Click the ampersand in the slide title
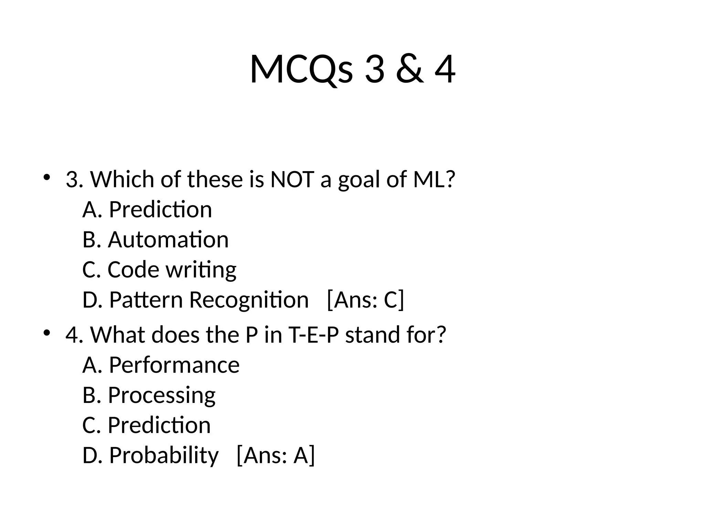(409, 69)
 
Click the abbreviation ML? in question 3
(434, 179)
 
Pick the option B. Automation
(156, 239)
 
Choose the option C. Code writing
(159, 269)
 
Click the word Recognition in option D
(249, 300)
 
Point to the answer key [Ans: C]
(365, 300)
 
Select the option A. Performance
(161, 365)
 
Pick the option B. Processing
(149, 395)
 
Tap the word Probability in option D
(164, 455)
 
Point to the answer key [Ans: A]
(276, 455)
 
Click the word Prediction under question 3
(160, 209)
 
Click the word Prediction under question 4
(159, 425)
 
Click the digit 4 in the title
(445, 69)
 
